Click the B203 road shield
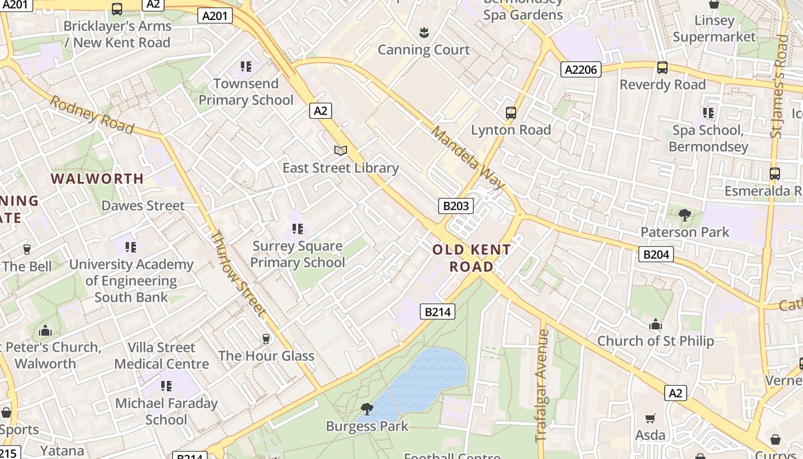(x=456, y=206)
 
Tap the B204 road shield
(x=656, y=254)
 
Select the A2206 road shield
(x=580, y=70)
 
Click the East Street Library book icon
(x=341, y=150)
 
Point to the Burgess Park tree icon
(x=367, y=409)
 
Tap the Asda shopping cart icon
(x=650, y=418)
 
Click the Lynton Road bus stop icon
(x=510, y=113)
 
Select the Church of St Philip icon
(x=656, y=325)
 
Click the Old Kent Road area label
(x=471, y=258)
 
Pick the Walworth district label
(x=98, y=178)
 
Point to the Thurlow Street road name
(x=238, y=273)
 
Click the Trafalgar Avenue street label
(x=542, y=385)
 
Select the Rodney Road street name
(x=92, y=114)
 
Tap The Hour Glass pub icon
(x=266, y=339)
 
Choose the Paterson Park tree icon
(x=684, y=216)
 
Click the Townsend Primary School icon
(x=246, y=67)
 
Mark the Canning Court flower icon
(x=424, y=33)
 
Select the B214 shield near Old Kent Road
(x=438, y=312)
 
